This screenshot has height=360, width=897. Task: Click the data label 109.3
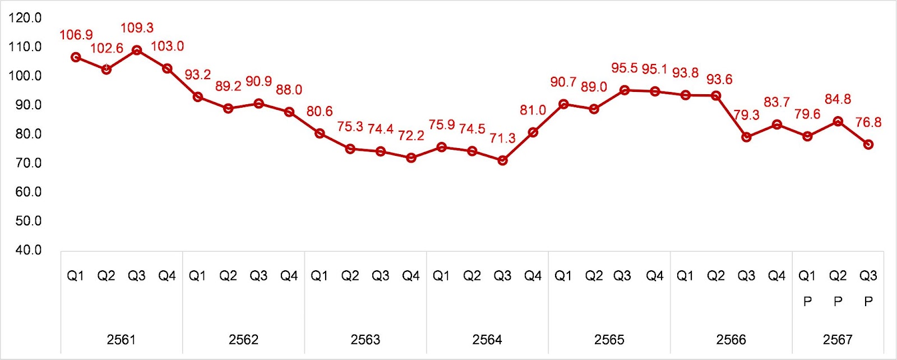137,27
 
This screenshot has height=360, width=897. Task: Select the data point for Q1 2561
76,57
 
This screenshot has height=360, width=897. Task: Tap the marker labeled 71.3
502,160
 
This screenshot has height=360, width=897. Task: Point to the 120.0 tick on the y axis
25,18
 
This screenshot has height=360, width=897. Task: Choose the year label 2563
365,339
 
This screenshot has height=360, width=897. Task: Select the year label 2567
838,339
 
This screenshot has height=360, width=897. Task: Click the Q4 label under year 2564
533,276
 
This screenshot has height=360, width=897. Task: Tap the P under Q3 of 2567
868,302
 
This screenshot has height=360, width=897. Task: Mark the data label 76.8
868,122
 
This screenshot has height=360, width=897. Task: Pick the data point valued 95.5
625,90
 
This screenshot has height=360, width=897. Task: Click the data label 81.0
533,110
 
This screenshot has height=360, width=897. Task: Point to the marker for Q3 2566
746,137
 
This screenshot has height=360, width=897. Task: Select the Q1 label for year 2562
197,276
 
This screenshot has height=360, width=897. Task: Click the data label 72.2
411,136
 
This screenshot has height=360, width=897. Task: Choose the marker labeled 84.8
838,121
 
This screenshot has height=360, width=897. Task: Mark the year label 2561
121,339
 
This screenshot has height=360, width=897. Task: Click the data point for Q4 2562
289,112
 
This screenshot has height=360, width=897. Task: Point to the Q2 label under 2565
594,276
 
